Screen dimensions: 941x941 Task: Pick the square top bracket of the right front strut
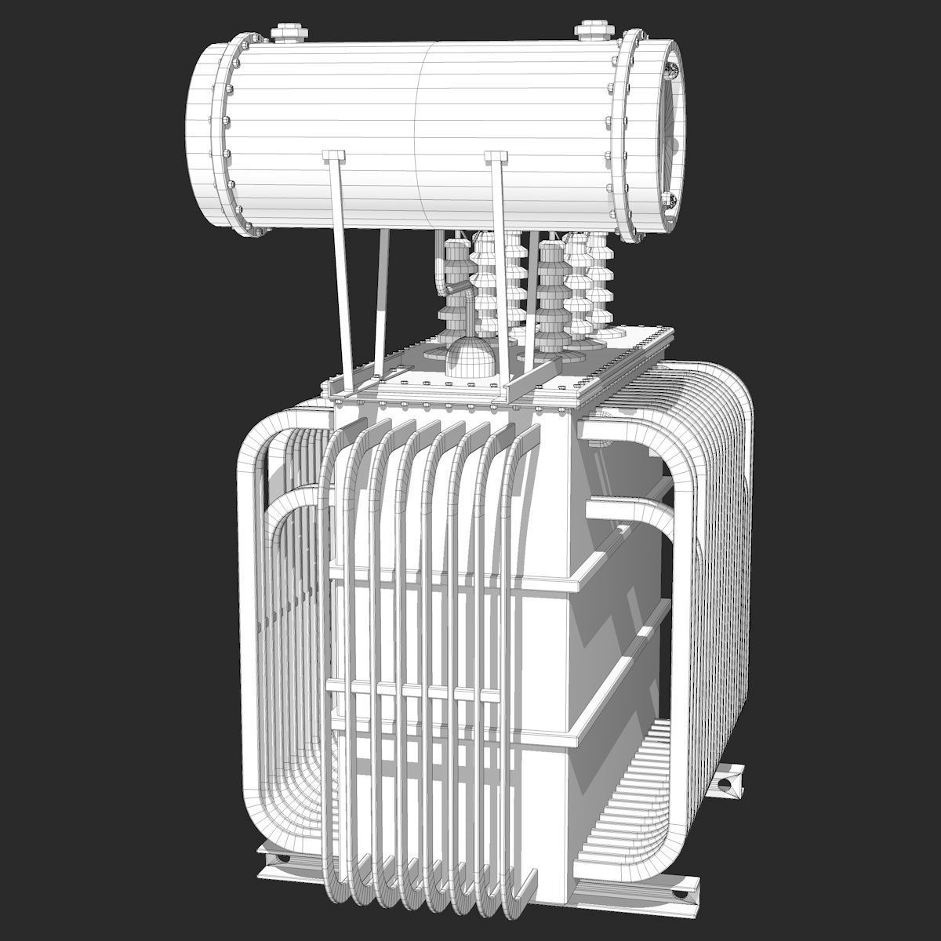(x=496, y=157)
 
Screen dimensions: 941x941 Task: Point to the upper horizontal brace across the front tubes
(x=455, y=576)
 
